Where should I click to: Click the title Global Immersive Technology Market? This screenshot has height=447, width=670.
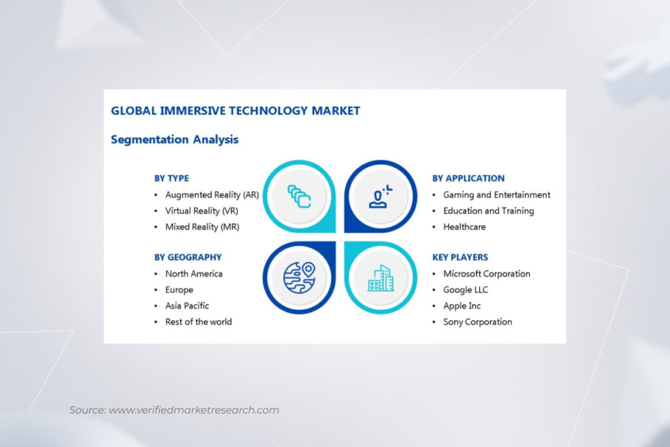(236, 111)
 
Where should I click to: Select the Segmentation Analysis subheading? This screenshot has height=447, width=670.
(175, 139)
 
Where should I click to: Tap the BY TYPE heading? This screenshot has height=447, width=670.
(171, 178)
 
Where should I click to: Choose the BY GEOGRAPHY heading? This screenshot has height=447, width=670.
(188, 257)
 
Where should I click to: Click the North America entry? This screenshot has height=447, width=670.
(194, 274)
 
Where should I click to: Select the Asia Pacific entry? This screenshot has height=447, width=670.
(187, 306)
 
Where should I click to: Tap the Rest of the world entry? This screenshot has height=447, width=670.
(198, 321)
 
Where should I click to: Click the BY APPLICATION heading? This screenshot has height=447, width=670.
(468, 178)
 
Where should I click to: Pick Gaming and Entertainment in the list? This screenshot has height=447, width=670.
(497, 194)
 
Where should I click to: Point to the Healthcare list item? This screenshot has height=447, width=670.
(465, 226)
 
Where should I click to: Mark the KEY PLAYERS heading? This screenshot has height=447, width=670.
(460, 257)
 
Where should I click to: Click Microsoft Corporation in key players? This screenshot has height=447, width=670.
(487, 274)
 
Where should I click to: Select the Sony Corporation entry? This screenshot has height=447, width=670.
(478, 321)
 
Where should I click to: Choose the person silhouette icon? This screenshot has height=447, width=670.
(380, 196)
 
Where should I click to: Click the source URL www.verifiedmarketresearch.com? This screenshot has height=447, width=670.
(194, 410)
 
